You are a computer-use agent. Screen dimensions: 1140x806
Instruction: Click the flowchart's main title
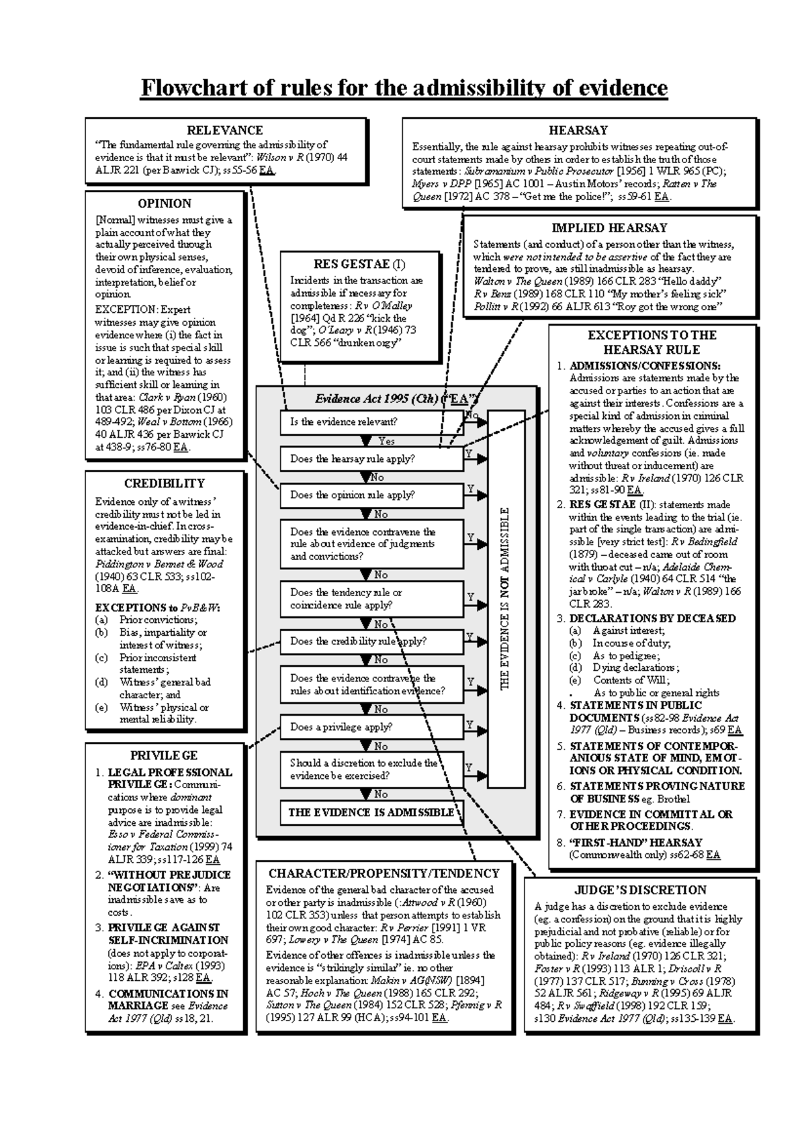[x=404, y=88]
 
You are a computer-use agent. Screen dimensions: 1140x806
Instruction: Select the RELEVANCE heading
[x=224, y=130]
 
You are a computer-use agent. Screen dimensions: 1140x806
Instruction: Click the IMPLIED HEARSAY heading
[x=609, y=228]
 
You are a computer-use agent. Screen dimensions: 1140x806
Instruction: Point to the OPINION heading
[x=165, y=203]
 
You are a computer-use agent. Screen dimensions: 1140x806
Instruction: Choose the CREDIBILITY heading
[x=165, y=483]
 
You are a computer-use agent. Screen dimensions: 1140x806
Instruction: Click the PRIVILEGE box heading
[x=164, y=755]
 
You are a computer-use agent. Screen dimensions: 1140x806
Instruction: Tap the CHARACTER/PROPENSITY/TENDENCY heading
[x=384, y=873]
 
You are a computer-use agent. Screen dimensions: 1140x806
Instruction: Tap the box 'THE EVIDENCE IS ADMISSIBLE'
[x=371, y=812]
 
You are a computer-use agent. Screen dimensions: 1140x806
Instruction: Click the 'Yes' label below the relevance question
[x=386, y=441]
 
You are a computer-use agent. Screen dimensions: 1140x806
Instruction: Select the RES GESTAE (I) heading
[x=359, y=264]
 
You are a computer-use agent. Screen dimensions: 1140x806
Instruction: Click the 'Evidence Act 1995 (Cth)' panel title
[x=396, y=399]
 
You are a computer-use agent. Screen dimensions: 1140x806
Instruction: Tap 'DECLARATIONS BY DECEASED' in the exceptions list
[x=652, y=618]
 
